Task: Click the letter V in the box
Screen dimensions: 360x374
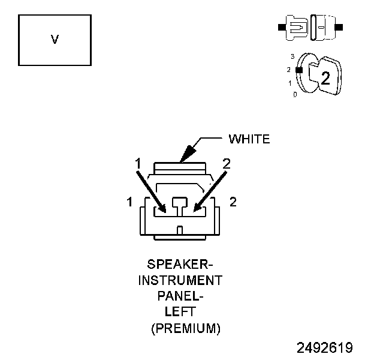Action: (55, 40)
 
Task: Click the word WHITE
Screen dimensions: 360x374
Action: (249, 139)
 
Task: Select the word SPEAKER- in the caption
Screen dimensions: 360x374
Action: (180, 265)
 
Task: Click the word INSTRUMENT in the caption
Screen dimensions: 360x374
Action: (180, 280)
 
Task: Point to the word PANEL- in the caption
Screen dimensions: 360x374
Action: (180, 296)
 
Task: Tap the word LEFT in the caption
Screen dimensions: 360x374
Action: (180, 312)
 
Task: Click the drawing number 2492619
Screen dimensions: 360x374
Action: (324, 347)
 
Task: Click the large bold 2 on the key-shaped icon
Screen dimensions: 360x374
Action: (325, 77)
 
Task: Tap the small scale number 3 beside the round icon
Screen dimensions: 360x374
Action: (292, 56)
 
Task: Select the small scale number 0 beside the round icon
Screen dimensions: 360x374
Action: (295, 95)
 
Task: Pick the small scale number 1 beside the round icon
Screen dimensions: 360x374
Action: (290, 83)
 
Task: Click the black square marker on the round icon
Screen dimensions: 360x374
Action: (298, 70)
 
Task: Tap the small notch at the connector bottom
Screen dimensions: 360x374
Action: (180, 230)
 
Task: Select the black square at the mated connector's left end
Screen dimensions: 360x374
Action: (280, 28)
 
